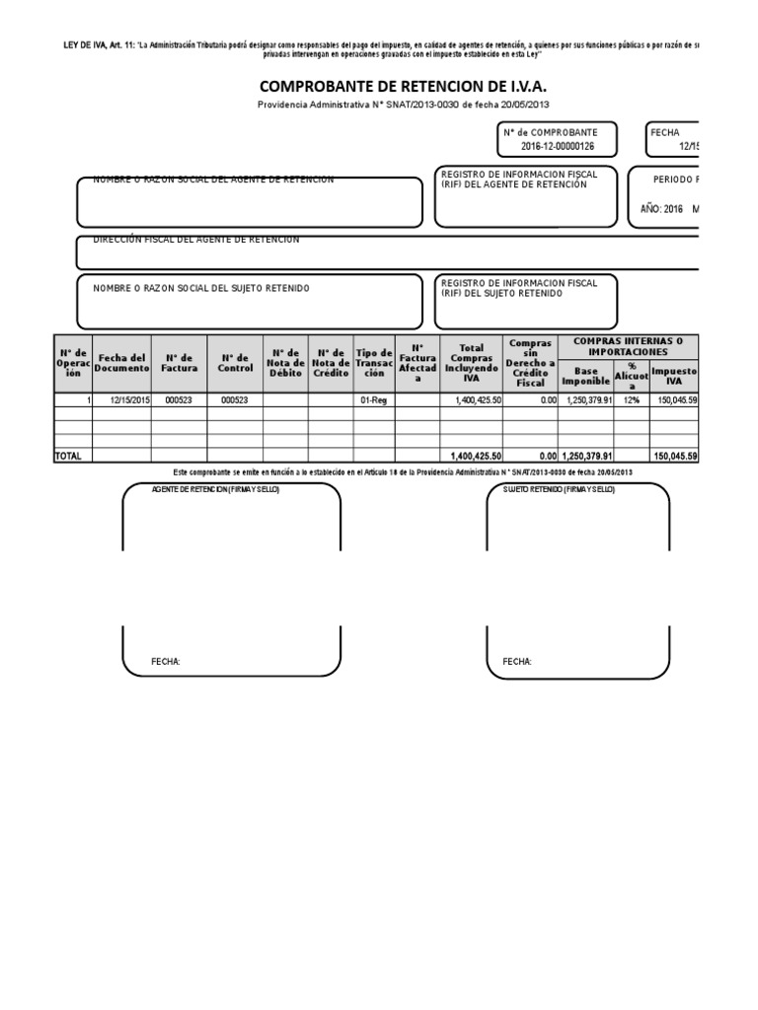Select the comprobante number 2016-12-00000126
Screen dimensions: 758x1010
coord(558,147)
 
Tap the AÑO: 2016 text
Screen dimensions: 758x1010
coord(661,209)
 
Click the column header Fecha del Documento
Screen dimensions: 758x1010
coord(121,362)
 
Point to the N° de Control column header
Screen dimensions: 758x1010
coord(235,362)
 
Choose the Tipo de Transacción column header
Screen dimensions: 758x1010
coord(373,362)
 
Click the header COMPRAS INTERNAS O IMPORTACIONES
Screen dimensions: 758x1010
coord(629,346)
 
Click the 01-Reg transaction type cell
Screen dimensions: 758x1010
coord(373,399)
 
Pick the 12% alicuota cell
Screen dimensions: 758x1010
coord(632,399)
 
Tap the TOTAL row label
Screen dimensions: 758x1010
coord(69,456)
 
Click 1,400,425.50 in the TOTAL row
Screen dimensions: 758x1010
coord(476,456)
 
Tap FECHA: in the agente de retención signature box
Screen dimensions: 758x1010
coord(166,661)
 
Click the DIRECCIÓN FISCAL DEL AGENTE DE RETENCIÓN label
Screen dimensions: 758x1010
coord(196,240)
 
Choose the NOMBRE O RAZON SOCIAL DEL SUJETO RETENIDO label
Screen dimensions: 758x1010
coord(201,288)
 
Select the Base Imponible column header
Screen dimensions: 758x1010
coord(586,375)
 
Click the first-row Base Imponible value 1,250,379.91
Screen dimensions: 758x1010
coord(586,399)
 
